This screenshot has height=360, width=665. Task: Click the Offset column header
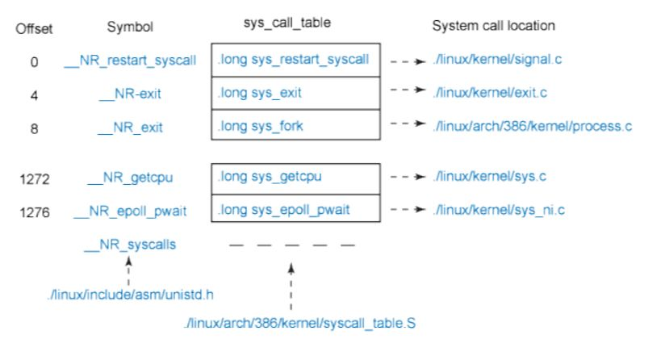point(33,27)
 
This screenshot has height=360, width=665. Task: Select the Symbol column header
point(130,27)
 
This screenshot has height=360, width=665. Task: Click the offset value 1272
point(35,178)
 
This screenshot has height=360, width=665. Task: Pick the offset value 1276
point(35,212)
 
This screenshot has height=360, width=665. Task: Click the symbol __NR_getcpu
point(130,178)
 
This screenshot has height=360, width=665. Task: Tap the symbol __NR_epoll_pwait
point(130,212)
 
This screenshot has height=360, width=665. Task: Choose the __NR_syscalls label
point(130,245)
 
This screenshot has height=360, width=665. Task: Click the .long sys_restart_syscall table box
point(295,59)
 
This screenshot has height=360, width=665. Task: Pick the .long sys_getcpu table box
point(295,177)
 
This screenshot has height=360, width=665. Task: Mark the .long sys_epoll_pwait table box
point(295,211)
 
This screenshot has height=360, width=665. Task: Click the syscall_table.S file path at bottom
point(299,325)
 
